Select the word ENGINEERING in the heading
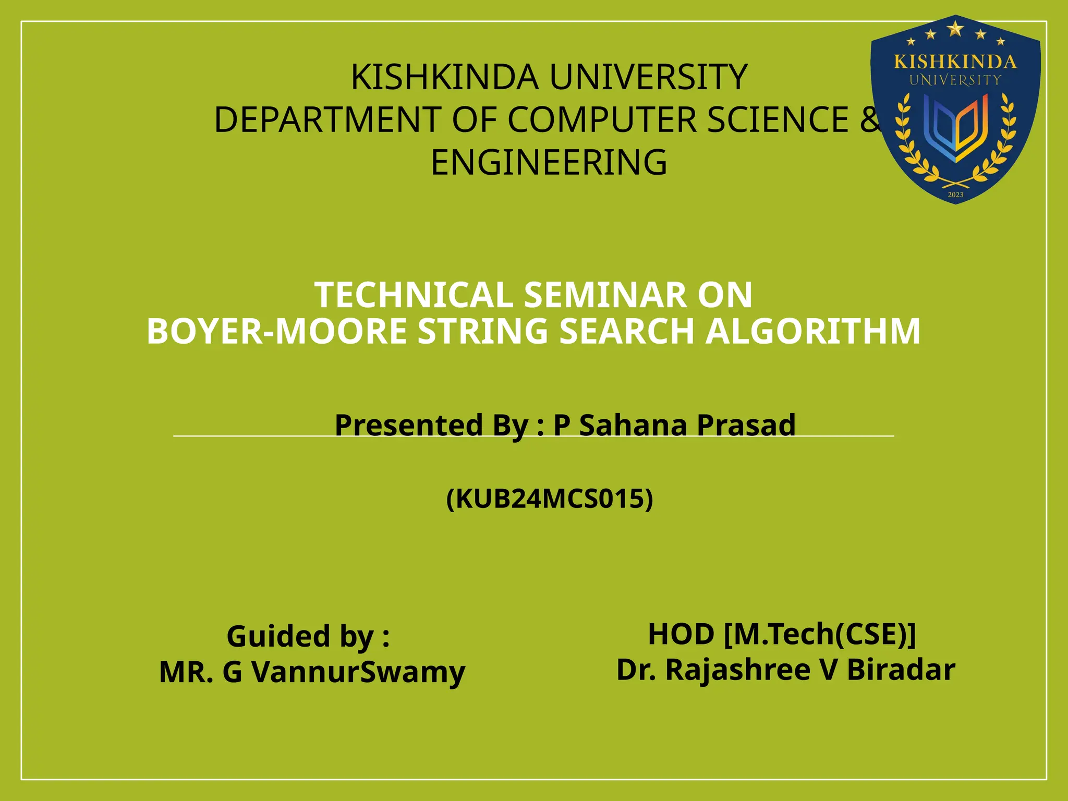(549, 163)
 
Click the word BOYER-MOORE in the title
(276, 332)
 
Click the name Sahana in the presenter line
(633, 424)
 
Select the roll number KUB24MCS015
(550, 499)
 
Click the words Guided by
(308, 636)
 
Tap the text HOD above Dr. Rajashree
(681, 634)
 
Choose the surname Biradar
(901, 670)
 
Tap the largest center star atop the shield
(955, 29)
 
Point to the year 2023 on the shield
(955, 195)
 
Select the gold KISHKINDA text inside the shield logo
(955, 62)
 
